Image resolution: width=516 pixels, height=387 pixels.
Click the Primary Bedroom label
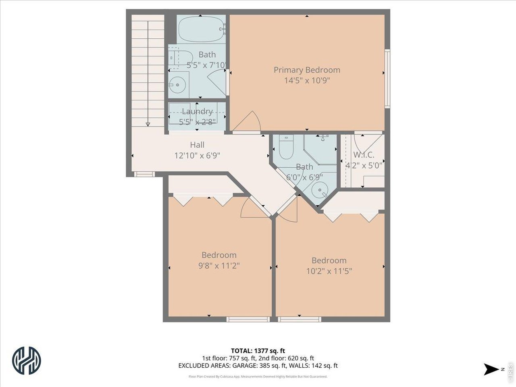click(x=307, y=70)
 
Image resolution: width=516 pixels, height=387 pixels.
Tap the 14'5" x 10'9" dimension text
click(x=307, y=80)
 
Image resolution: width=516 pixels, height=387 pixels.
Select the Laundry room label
click(x=197, y=111)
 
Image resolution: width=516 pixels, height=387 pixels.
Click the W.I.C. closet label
click(x=364, y=155)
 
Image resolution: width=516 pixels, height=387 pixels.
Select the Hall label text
click(x=197, y=145)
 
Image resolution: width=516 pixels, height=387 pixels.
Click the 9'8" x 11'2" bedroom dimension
click(x=219, y=265)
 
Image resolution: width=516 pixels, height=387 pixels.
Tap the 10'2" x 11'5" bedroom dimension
click(x=329, y=271)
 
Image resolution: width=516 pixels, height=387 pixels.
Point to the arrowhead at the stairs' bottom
click(x=148, y=124)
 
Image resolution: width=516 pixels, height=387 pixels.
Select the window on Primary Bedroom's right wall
click(x=387, y=78)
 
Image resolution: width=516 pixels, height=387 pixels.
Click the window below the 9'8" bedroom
click(x=248, y=319)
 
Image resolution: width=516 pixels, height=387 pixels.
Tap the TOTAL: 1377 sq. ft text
click(x=258, y=351)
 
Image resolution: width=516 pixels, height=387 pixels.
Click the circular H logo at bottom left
click(x=27, y=360)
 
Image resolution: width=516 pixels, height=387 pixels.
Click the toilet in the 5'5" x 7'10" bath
click(x=176, y=56)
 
